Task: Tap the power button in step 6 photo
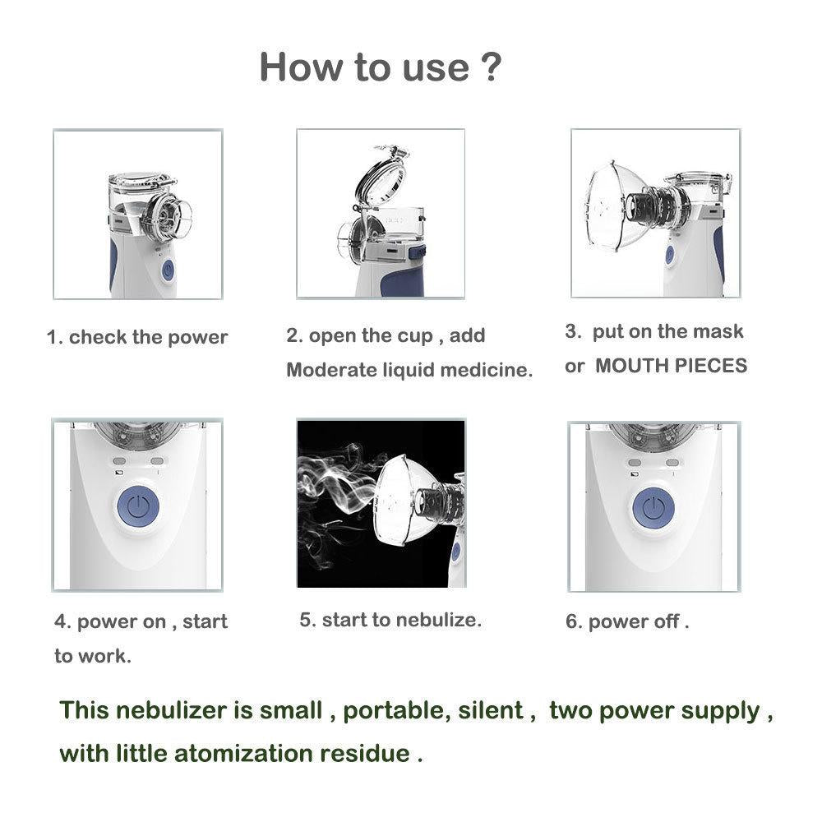point(653,507)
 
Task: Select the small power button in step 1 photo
point(168,270)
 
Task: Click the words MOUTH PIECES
point(671,366)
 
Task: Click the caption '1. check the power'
point(137,337)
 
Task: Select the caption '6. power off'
point(627,621)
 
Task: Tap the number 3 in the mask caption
point(572,331)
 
